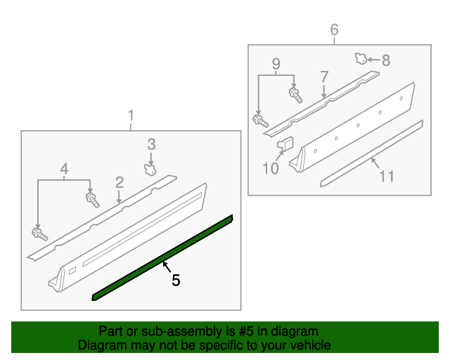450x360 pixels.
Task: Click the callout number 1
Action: click(130, 115)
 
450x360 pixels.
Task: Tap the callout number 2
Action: click(120, 182)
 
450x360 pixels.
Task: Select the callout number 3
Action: click(151, 144)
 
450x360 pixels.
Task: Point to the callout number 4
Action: click(64, 169)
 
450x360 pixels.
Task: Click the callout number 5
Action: click(176, 280)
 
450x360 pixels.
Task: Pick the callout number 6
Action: click(334, 30)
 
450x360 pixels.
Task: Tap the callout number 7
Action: click(324, 77)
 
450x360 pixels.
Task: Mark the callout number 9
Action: click(276, 63)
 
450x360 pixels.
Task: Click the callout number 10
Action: click(271, 168)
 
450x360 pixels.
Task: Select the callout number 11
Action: click(386, 175)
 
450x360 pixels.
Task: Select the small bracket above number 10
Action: click(285, 145)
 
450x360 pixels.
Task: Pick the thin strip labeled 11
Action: click(371, 153)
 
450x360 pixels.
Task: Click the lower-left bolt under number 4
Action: click(37, 233)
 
